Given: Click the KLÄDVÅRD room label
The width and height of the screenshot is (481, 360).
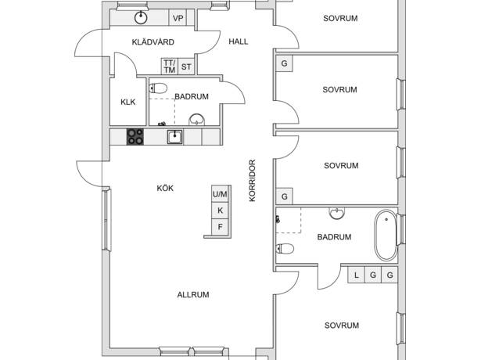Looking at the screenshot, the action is pyautogui.click(x=153, y=42).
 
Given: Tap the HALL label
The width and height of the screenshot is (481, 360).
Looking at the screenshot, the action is pyautogui.click(x=239, y=41).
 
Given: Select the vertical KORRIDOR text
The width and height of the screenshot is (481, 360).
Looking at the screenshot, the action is pyautogui.click(x=252, y=181).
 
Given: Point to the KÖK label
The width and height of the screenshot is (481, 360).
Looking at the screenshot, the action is pyautogui.click(x=165, y=188).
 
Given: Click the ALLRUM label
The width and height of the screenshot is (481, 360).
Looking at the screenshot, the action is pyautogui.click(x=193, y=294).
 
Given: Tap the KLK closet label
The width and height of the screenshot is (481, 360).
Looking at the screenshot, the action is pyautogui.click(x=128, y=102).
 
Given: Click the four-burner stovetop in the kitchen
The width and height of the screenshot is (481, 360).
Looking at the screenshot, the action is pyautogui.click(x=135, y=137).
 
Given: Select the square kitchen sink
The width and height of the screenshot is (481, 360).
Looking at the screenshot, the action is pyautogui.click(x=175, y=137).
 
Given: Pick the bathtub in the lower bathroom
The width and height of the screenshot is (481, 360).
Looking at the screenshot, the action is pyautogui.click(x=386, y=235).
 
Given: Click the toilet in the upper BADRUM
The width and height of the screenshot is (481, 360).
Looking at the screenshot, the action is pyautogui.click(x=158, y=88).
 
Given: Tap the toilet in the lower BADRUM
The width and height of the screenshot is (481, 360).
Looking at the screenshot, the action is pyautogui.click(x=285, y=248).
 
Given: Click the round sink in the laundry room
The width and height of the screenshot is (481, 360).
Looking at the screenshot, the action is pyautogui.click(x=141, y=18).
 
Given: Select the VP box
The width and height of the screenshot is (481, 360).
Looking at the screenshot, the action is pyautogui.click(x=178, y=19).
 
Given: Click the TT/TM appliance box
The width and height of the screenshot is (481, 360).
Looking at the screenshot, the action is pyautogui.click(x=170, y=67).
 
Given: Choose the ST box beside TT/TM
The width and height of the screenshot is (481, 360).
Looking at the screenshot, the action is pyautogui.click(x=186, y=67).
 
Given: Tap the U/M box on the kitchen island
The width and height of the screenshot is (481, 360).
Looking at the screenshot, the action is pyautogui.click(x=220, y=194).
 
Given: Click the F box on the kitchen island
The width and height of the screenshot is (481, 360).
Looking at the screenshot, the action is pyautogui.click(x=220, y=227).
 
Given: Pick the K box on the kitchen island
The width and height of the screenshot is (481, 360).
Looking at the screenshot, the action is pyautogui.click(x=220, y=211).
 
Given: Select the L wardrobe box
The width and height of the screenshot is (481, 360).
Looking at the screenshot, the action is pyautogui.click(x=356, y=275).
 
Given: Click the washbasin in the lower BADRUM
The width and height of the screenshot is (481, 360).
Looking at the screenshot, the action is pyautogui.click(x=337, y=214).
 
